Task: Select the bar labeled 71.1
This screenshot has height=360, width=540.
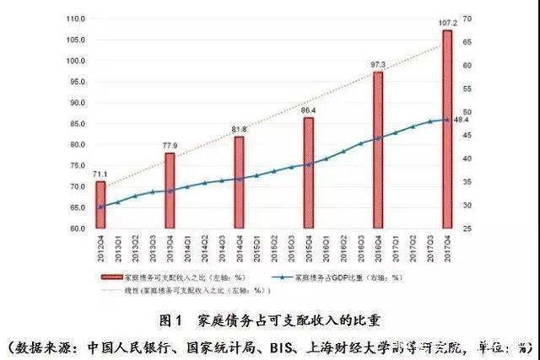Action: pyautogui.click(x=100, y=205)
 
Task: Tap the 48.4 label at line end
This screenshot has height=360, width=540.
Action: pyautogui.click(x=462, y=120)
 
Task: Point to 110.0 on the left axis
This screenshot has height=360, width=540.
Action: pyautogui.click(x=75, y=19)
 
